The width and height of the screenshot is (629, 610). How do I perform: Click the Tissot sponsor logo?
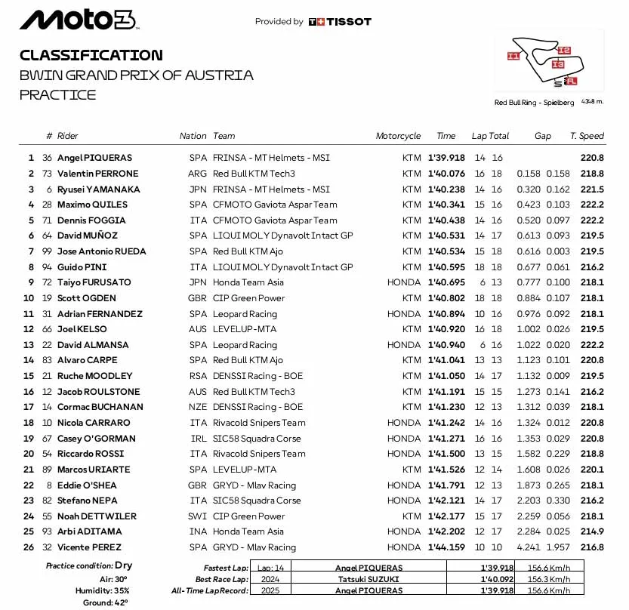tap(340, 22)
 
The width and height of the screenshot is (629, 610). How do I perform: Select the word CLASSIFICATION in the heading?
tap(91, 55)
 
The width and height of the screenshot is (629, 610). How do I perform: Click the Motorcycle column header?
tap(398, 136)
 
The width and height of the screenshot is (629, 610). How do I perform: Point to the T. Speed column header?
tap(587, 136)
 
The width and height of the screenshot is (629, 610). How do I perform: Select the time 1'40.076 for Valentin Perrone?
tap(446, 174)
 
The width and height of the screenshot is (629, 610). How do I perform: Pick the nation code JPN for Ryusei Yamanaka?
tap(197, 189)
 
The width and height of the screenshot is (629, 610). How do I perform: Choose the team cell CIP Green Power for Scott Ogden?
tap(248, 298)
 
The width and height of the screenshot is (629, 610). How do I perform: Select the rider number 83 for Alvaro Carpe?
tap(47, 360)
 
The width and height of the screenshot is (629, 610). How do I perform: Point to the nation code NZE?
tap(197, 407)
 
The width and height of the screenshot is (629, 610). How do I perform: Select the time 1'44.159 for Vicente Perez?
tap(446, 547)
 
